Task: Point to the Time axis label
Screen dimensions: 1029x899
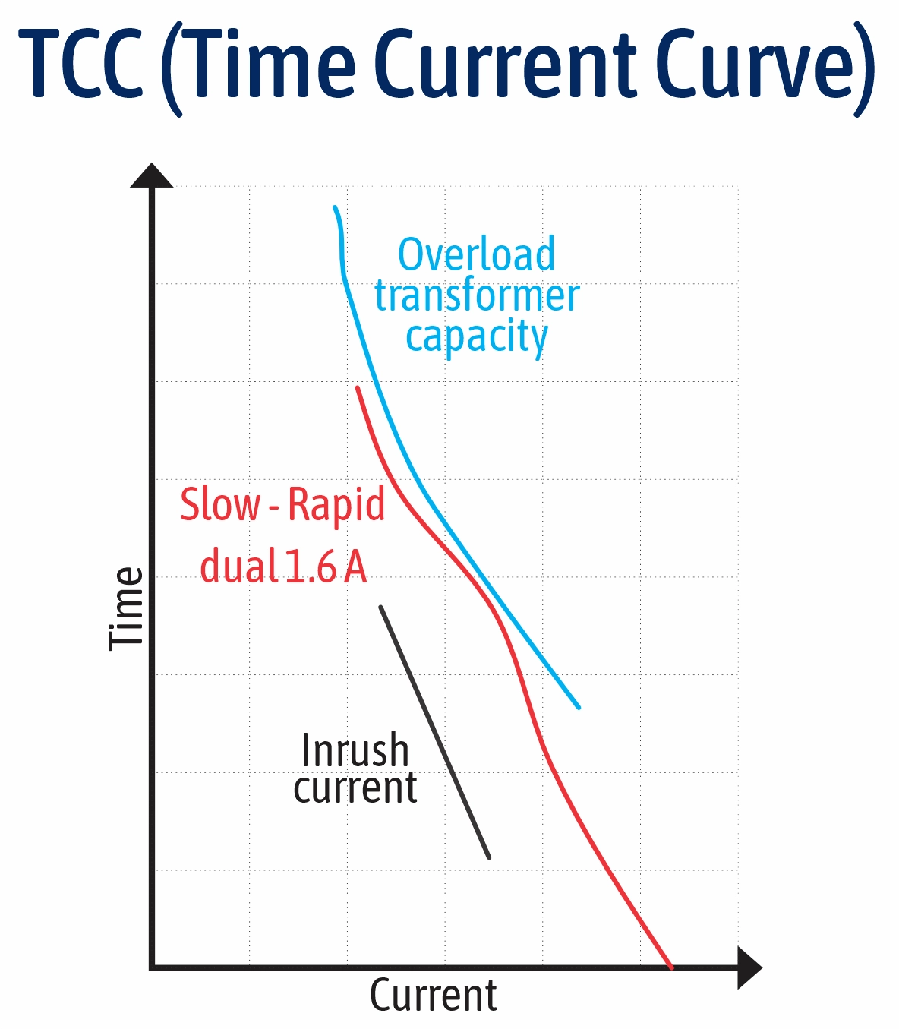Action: click(x=126, y=608)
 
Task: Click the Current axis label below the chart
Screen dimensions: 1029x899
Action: click(x=433, y=996)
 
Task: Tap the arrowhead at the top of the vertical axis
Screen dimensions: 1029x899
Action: click(x=152, y=175)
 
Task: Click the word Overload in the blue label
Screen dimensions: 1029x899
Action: click(x=476, y=254)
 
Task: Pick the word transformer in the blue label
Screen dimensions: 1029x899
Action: click(x=477, y=295)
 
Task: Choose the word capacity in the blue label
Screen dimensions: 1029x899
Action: click(x=476, y=336)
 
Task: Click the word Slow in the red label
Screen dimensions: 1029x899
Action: click(x=219, y=504)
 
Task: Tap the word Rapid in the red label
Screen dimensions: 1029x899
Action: click(x=336, y=504)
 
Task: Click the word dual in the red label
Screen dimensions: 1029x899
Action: click(x=238, y=567)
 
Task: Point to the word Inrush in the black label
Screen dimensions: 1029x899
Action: click(x=355, y=750)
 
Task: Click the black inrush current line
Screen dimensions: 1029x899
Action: click(x=435, y=733)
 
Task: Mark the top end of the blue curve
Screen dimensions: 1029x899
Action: click(x=335, y=207)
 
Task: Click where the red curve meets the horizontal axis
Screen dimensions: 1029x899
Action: click(x=671, y=966)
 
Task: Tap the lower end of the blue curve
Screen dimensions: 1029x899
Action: click(x=579, y=707)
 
